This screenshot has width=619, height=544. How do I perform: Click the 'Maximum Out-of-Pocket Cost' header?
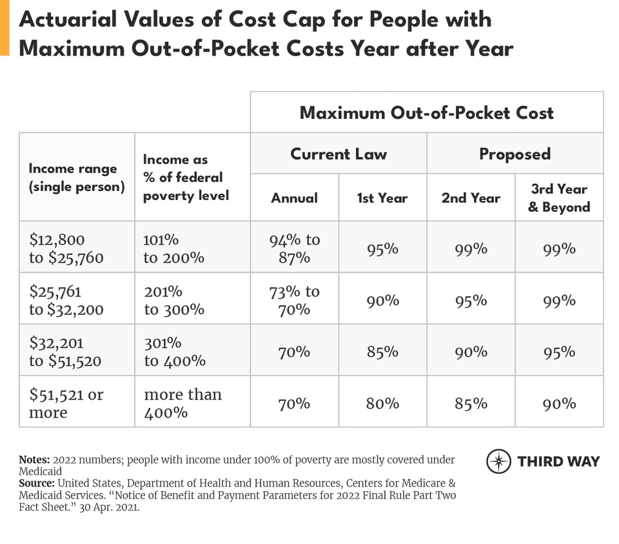(426, 113)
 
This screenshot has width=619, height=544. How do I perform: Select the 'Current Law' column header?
(339, 154)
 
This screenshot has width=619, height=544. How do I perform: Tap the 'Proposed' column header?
(515, 154)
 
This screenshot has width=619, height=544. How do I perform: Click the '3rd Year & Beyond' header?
(558, 198)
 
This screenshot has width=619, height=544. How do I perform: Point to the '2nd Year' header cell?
(471, 198)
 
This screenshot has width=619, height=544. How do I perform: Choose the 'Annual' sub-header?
(294, 198)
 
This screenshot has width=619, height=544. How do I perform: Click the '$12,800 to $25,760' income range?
(66, 248)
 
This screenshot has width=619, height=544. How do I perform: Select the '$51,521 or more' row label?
(66, 403)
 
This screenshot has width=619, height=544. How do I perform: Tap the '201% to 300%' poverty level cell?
(173, 300)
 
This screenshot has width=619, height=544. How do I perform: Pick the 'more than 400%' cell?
(182, 403)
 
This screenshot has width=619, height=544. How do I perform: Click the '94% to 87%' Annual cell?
(294, 248)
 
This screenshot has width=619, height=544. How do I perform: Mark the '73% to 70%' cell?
(294, 300)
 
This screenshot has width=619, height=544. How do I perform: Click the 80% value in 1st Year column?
(382, 404)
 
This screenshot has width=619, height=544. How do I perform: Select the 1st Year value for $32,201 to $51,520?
(382, 352)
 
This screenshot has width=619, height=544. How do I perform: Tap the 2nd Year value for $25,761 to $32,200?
(471, 301)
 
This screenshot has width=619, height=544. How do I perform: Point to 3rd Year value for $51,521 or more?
(559, 404)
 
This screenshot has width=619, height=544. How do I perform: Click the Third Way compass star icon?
(498, 461)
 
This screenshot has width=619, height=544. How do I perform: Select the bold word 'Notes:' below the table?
(34, 460)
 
